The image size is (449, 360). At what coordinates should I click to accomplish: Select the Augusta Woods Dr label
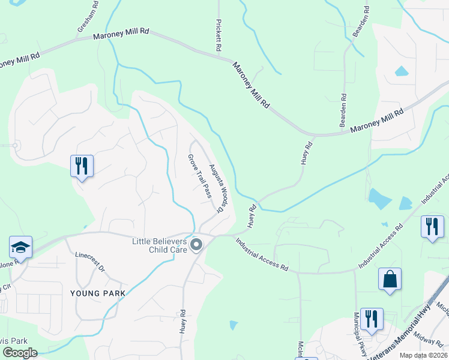pos(216,188)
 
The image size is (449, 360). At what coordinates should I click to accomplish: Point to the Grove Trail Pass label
pos(200,176)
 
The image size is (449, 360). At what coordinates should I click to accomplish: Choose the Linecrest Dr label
pos(89,262)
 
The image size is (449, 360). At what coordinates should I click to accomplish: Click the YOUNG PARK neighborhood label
pos(98,293)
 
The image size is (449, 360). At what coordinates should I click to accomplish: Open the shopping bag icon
pos(390,280)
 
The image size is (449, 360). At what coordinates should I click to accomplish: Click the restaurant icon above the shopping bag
pos(432,227)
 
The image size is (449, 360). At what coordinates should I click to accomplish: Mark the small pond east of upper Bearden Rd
pos(402,71)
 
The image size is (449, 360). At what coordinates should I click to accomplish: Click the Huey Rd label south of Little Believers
pos(182,322)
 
